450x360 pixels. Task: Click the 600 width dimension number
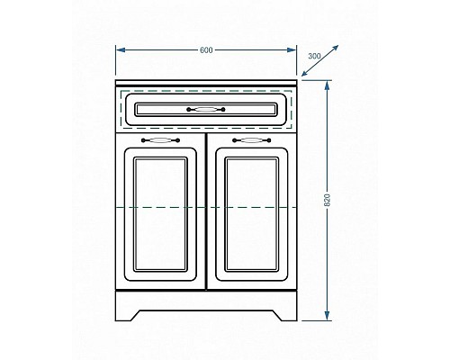(x=207, y=49)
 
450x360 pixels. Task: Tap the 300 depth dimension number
(x=313, y=56)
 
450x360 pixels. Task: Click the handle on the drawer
(x=207, y=110)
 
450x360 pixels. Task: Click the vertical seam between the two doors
(x=206, y=216)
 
